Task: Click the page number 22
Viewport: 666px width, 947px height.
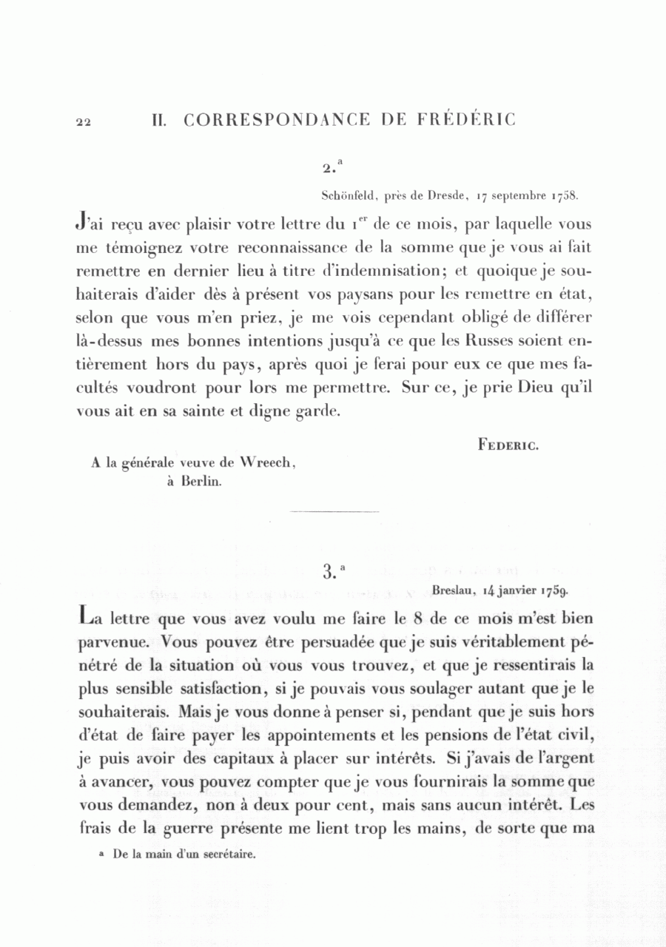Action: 83,123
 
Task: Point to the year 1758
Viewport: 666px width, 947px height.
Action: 562,196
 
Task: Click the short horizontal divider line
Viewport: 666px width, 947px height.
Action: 334,510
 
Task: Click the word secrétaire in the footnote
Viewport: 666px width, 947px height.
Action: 225,854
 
